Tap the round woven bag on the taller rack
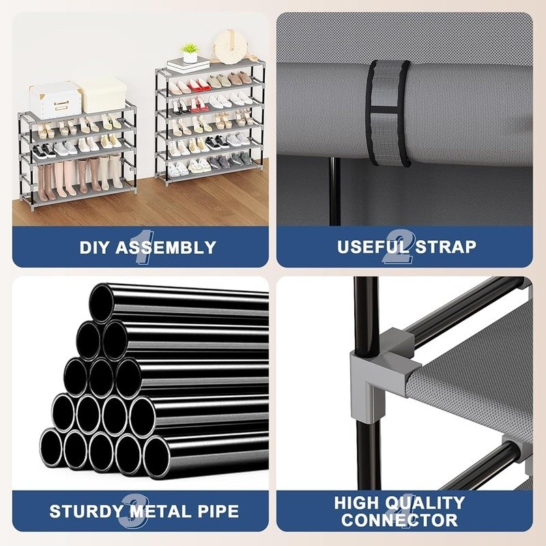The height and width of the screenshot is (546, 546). click(x=228, y=46)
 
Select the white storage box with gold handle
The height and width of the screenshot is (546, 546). click(x=55, y=100)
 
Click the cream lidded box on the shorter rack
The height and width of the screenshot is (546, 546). click(x=103, y=94)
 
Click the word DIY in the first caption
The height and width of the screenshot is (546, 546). click(x=95, y=247)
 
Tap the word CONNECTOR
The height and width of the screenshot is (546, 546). click(x=399, y=520)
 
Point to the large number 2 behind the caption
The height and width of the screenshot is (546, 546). click(x=399, y=247)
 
